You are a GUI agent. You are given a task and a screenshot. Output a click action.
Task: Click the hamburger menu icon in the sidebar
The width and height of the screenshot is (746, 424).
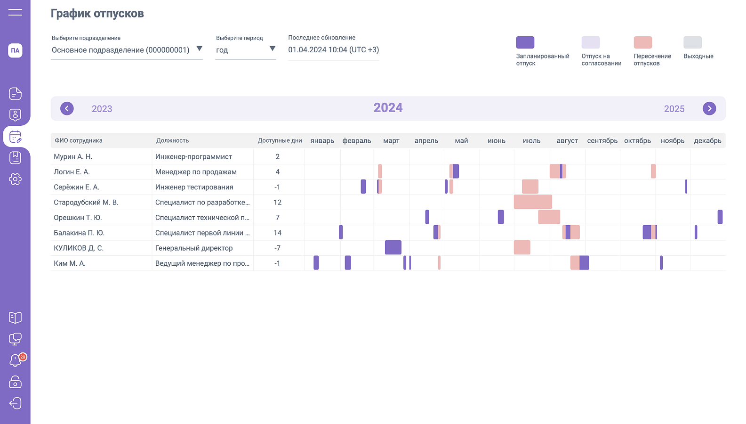point(16,12)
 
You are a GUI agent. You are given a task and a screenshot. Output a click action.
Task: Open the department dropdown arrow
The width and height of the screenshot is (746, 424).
point(199,49)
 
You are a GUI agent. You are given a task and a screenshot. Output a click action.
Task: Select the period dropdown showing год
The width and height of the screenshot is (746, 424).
point(245,50)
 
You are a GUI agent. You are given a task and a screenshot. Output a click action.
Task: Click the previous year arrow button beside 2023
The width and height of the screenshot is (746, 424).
point(67,109)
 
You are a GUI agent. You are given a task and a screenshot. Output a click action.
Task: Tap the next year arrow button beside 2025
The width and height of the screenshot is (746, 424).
point(709,109)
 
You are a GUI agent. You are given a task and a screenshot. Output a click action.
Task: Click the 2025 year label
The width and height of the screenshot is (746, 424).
point(674,109)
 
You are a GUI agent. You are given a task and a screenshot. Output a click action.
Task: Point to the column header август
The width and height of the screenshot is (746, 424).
point(567,141)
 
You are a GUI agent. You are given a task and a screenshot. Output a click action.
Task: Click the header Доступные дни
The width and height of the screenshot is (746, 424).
point(280,141)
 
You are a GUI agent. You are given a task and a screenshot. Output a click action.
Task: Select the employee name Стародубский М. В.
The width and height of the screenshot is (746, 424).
point(86,202)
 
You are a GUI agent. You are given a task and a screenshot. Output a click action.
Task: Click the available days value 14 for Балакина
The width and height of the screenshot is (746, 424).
point(277,233)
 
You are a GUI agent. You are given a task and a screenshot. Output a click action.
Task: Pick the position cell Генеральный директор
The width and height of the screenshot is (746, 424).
point(194,248)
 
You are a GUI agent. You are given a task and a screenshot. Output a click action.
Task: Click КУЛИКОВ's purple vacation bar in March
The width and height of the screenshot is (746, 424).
point(393,247)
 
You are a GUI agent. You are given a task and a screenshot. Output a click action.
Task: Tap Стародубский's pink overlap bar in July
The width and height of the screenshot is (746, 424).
point(533,202)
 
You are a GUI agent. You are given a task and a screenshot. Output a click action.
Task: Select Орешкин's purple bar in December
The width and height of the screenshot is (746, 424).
point(720,217)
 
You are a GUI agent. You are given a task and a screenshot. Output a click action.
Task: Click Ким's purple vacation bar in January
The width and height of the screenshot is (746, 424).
point(316,263)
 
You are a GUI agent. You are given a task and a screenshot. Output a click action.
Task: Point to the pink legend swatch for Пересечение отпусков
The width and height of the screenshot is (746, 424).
point(643,42)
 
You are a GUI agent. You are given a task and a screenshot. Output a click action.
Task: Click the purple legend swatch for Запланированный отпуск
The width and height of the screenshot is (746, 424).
point(525,42)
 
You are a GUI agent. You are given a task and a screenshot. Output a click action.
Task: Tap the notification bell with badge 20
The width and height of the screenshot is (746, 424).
point(16,360)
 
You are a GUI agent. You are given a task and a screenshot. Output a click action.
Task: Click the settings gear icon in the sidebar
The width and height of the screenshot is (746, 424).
point(15,179)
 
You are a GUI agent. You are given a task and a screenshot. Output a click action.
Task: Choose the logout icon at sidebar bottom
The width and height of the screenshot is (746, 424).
point(16,403)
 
